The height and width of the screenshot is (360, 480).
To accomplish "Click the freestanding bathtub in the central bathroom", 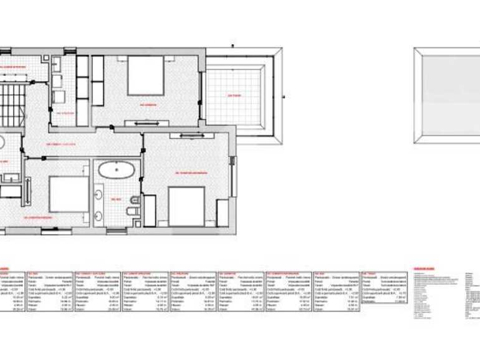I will click(116, 169).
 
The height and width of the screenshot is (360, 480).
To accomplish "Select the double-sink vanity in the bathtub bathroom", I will click(98, 206).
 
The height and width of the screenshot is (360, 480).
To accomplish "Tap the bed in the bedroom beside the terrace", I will click(145, 75).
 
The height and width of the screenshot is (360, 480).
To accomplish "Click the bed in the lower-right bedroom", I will click(186, 206).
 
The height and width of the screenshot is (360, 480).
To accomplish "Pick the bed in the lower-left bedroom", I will click(69, 194).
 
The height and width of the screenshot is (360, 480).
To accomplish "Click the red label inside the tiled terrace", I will click(234, 96).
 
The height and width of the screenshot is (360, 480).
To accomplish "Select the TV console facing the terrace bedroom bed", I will click(146, 123).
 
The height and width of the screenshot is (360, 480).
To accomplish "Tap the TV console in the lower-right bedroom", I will click(191, 135).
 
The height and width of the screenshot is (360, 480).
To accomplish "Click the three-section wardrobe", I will click(82, 90).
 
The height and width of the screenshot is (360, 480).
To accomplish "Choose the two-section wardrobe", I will click(98, 81).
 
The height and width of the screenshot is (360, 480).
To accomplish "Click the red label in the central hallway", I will click(60, 144).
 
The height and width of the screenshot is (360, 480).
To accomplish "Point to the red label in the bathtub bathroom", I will click(116, 199).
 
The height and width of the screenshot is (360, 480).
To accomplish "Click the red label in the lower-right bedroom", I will click(190, 172).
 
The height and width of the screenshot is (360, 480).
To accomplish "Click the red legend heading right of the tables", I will click(424, 269).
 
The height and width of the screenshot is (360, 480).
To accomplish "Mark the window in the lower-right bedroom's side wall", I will click(233, 176).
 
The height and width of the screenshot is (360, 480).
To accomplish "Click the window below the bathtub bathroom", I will click(117, 232).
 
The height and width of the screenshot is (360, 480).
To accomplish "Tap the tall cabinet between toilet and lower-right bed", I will click(150, 211).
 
